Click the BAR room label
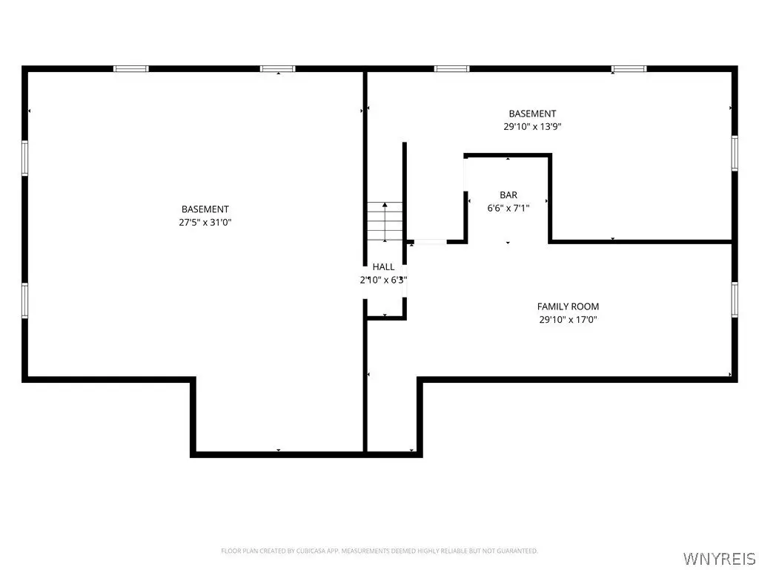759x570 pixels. point(508,195)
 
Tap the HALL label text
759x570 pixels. point(383,266)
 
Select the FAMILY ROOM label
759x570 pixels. point(568,307)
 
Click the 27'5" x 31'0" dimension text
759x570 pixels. point(205,223)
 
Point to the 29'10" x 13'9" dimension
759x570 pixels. point(532,126)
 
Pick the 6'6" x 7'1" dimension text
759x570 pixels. point(508,208)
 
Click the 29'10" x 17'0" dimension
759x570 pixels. point(569,319)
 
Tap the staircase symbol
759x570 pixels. point(385,221)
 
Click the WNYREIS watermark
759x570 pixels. point(718,558)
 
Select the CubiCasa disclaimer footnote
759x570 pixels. point(379,551)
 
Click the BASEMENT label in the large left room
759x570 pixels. point(205,209)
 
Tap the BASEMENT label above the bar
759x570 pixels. point(532,114)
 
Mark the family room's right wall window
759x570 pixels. point(735,300)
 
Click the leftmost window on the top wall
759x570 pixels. point(131,69)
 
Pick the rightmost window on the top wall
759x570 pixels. point(629,69)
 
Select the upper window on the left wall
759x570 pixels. point(24,158)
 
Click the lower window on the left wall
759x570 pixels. point(24,301)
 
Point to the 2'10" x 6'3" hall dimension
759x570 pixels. point(383,280)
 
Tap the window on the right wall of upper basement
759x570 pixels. point(735,153)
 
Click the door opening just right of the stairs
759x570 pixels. point(431,241)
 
